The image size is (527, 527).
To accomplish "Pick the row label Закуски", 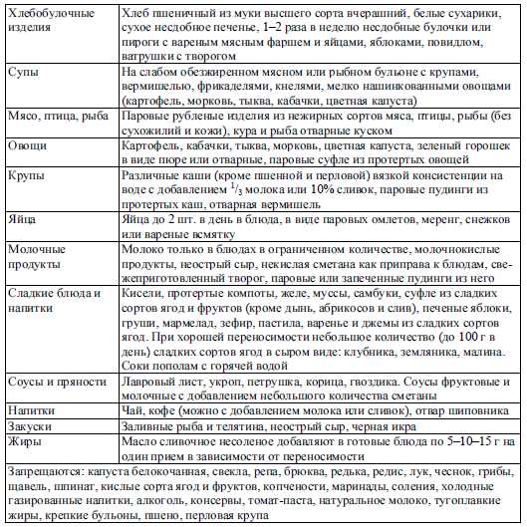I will pyautogui.click(x=32, y=424).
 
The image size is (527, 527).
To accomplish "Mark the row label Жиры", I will pyautogui.click(x=25, y=440).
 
